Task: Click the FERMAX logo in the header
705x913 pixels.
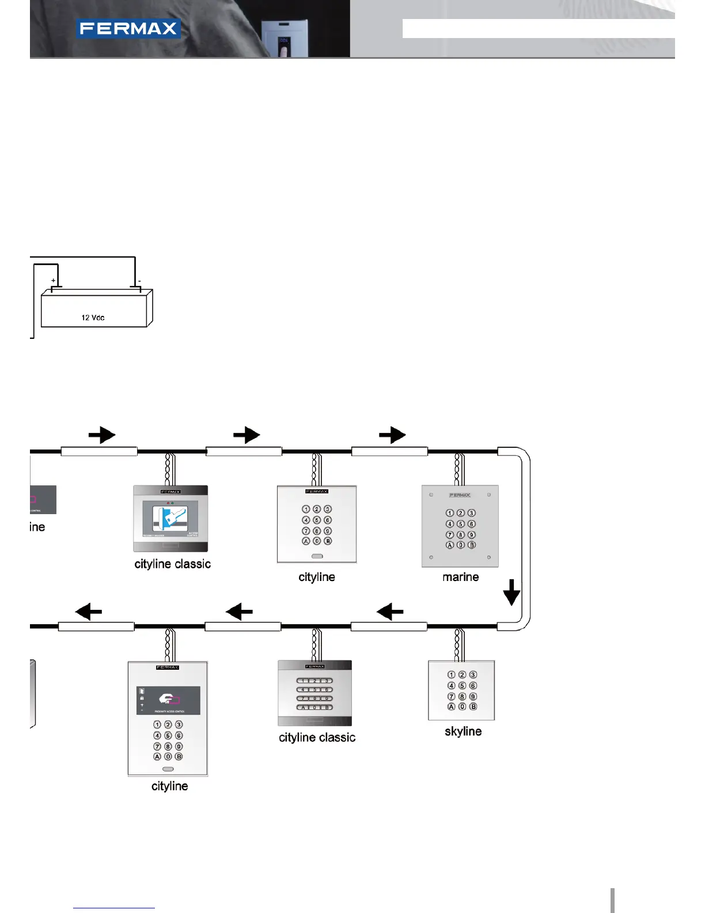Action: pyautogui.click(x=128, y=29)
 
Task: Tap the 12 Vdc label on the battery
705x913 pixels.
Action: pyautogui.click(x=93, y=318)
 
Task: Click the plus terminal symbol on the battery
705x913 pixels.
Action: pyautogui.click(x=54, y=281)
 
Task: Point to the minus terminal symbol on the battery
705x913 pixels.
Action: pyautogui.click(x=139, y=281)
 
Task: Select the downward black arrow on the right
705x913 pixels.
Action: pyautogui.click(x=511, y=593)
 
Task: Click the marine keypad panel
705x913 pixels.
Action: pyautogui.click(x=460, y=526)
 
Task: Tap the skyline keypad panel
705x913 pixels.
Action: pyautogui.click(x=461, y=691)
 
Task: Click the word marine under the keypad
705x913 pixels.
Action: pyautogui.click(x=460, y=577)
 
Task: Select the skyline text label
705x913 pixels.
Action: pyautogui.click(x=463, y=731)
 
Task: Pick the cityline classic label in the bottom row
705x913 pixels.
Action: pyautogui.click(x=317, y=738)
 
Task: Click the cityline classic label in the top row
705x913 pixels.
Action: pyautogui.click(x=172, y=564)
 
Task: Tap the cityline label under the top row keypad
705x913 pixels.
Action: pyautogui.click(x=316, y=577)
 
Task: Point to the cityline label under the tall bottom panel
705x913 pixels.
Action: pyautogui.click(x=169, y=786)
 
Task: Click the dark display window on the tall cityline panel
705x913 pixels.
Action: pyautogui.click(x=168, y=700)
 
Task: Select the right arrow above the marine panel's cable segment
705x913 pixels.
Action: pyautogui.click(x=392, y=435)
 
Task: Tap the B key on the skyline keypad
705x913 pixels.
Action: pyautogui.click(x=473, y=707)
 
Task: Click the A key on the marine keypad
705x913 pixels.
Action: pyautogui.click(x=450, y=545)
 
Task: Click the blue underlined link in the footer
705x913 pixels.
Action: pyautogui.click(x=114, y=908)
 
